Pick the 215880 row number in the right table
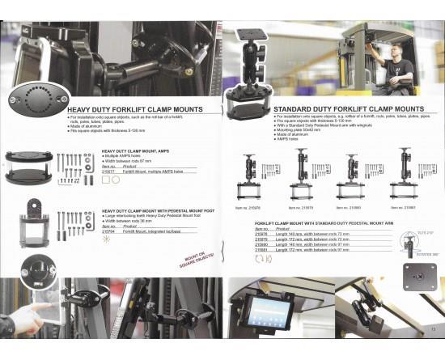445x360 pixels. pos(261,244)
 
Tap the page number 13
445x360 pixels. pos(433,329)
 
